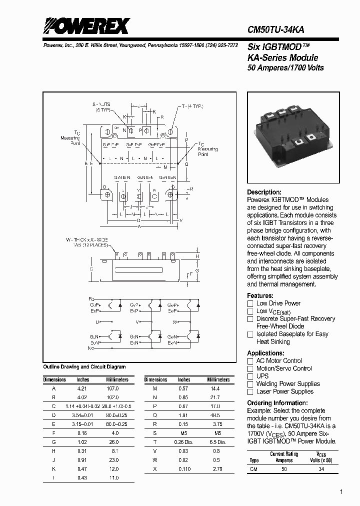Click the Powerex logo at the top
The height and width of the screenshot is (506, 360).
85,26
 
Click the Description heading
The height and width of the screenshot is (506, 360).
264,192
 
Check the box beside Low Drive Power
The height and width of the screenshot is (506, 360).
250,303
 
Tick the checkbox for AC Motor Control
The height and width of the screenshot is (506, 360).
250,361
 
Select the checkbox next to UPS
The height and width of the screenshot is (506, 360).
250,376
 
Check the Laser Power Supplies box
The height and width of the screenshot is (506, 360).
250,391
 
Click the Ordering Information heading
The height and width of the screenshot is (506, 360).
277,403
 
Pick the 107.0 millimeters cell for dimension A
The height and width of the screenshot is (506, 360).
113,388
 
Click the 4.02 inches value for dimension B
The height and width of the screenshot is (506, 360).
82,397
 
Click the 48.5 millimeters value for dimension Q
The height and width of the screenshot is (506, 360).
215,415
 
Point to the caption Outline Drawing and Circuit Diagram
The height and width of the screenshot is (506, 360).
84,367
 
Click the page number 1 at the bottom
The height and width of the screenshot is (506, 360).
341,492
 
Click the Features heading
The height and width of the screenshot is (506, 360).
260,295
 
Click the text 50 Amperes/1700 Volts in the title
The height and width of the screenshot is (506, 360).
285,67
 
